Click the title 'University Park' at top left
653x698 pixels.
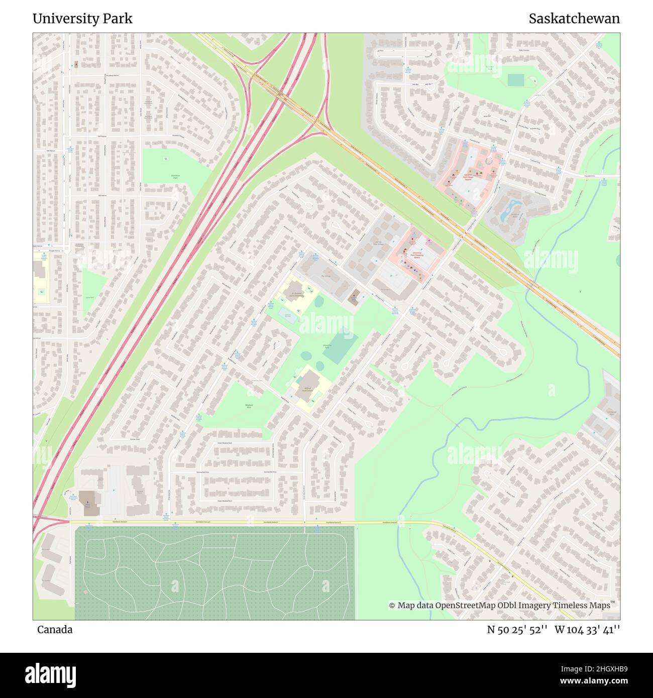pos(82,19)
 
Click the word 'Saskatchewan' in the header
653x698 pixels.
pos(574,19)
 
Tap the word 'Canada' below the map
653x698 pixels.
pos(55,630)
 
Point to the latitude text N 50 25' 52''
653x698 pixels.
pos(517,630)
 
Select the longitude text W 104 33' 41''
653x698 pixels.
pos(587,630)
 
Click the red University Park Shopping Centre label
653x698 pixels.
pos(417,255)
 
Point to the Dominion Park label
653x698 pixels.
pos(175,177)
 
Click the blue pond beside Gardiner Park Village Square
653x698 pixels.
pos(509,210)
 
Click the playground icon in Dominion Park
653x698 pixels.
pos(165,159)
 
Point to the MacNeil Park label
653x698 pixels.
pos(248,406)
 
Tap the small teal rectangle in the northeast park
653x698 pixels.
pos(515,80)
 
